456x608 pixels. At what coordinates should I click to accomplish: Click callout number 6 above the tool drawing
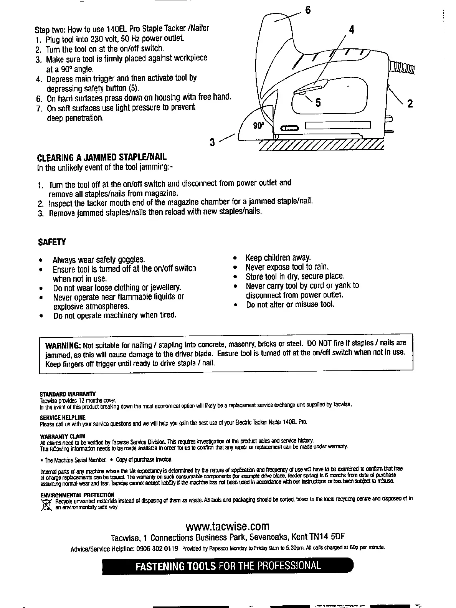point(307,10)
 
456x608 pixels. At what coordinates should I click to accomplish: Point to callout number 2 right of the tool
point(410,104)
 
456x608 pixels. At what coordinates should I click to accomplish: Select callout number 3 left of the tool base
point(212,142)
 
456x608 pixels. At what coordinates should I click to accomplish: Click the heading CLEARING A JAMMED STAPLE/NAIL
point(102,158)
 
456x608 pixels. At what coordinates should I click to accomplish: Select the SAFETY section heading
point(52,242)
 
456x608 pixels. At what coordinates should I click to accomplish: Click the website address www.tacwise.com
point(227,526)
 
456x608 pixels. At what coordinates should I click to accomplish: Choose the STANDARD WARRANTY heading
point(68,394)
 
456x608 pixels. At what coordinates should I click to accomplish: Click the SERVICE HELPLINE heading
point(63,417)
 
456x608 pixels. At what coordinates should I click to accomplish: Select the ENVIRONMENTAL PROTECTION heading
point(77,495)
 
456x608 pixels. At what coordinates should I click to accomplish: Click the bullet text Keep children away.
point(278,258)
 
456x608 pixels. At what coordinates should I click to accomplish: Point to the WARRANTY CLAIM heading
point(63,436)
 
